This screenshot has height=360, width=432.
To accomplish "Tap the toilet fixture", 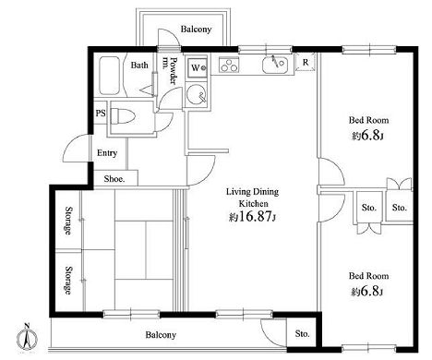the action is pos(123,116).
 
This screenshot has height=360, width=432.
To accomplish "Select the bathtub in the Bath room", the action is pos(109,76).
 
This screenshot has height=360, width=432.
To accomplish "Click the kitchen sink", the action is pos(275,65).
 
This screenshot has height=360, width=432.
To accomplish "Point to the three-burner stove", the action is pos(229,65).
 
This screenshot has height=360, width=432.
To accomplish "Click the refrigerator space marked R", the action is pos(306,62).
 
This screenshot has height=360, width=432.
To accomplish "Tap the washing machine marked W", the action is pos(197,68).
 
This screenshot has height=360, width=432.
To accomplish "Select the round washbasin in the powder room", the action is pos(197,94).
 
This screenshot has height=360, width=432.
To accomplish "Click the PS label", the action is pos(101,114).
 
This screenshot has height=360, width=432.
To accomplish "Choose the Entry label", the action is pos(107,153).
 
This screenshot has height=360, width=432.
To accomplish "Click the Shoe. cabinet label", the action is pos(114,179).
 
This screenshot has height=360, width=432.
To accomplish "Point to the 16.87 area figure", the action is pos(256,217).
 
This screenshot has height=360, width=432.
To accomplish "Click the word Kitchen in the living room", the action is pos(254,204).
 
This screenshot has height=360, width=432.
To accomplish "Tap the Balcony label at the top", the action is pos(196,30).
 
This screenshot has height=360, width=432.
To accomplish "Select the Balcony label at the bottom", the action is pos(161,335).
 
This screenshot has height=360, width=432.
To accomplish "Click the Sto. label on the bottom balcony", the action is pos(303,333).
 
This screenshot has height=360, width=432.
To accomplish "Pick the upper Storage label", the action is pos(69,221).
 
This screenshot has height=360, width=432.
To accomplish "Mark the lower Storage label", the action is pos(69,280).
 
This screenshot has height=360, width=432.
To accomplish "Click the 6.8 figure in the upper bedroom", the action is pos(370,136).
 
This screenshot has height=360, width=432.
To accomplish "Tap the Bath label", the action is pos(139,66).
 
